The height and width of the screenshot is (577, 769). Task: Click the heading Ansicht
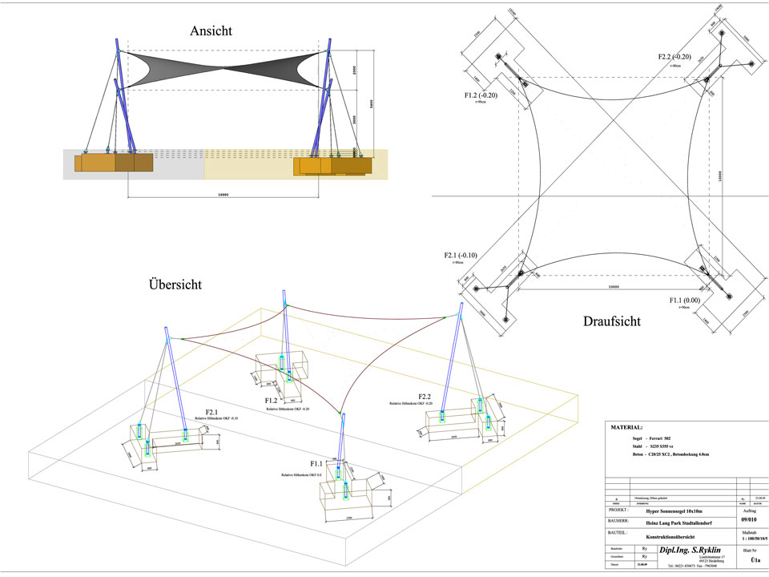tap(211, 31)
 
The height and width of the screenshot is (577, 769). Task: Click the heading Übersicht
tap(175, 284)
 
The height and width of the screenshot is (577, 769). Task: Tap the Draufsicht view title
tap(612, 321)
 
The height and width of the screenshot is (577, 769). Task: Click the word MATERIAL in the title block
tap(632, 429)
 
